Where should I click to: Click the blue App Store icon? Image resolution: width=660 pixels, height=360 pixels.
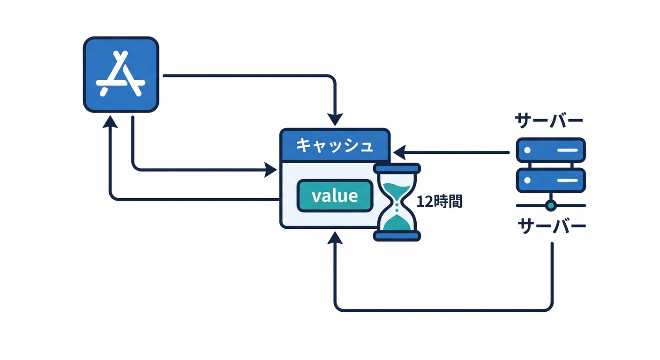coord(121,75)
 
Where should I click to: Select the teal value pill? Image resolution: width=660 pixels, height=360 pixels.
coord(335,195)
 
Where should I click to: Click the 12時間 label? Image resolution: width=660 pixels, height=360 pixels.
coord(439,202)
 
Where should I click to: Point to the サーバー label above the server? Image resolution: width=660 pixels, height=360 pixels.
coord(549,120)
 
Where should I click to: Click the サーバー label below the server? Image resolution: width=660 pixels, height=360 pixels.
coord(551,226)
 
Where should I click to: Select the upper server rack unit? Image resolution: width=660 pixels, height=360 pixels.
coord(551,150)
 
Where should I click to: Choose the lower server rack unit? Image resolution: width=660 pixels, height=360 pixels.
coord(551,180)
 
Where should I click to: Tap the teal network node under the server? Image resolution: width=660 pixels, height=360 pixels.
coord(551,205)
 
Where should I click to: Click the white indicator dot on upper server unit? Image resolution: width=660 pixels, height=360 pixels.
coord(527,150)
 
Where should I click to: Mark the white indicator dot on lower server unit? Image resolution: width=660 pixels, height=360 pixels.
coord(527,180)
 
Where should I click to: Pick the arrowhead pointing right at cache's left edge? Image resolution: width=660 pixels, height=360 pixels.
coord(271,170)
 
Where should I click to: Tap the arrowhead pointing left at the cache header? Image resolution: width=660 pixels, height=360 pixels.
coord(399,152)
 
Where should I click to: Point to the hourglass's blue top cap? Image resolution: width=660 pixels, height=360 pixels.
coord(397,168)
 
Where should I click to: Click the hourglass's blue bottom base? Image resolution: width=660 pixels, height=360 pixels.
coord(397,236)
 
